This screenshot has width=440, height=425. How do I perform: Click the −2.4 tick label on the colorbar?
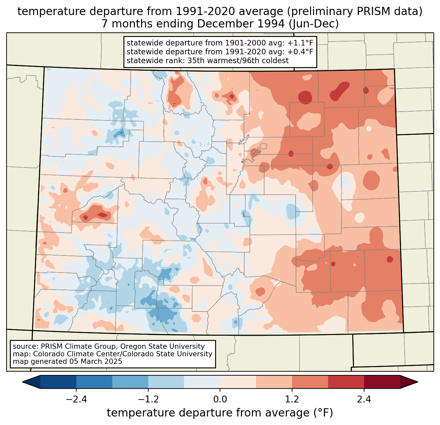[76, 399]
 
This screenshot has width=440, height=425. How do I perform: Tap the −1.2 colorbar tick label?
[148, 399]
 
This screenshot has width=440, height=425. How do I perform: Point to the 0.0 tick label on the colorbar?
[220, 399]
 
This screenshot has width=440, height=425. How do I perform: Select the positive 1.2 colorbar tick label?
[292, 399]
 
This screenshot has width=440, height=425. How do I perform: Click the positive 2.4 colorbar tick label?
[364, 399]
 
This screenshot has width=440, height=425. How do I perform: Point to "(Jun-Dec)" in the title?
[317, 24]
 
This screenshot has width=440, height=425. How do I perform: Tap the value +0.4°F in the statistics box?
[300, 52]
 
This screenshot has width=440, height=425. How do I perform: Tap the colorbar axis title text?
[220, 413]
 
